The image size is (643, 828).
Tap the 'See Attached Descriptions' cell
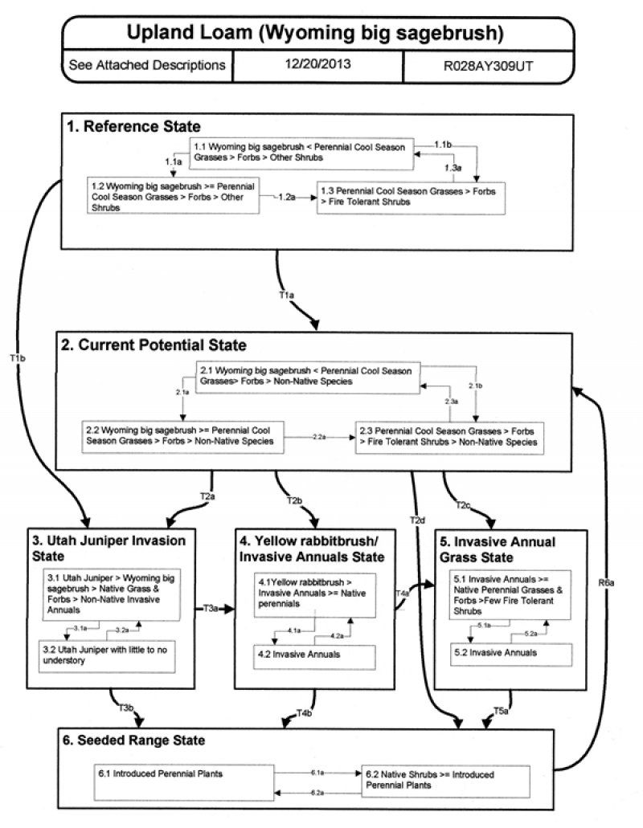147,65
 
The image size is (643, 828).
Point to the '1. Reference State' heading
135,126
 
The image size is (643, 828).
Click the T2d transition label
416,521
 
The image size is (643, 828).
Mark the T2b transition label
294,502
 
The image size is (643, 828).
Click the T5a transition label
499,710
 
